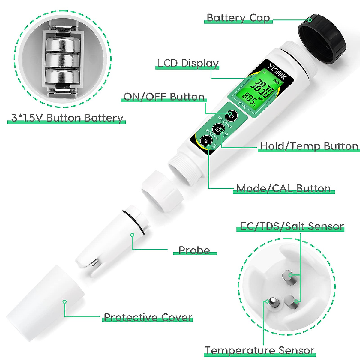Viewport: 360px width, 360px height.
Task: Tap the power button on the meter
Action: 232,115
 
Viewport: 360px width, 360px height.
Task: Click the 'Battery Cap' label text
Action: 238,18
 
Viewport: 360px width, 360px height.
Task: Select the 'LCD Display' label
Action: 188,63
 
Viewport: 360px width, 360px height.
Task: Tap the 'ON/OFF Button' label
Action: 164,97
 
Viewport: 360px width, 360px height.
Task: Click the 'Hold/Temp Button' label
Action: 309,146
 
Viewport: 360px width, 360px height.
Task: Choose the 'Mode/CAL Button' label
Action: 283,188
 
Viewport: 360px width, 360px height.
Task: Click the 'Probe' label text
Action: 194,250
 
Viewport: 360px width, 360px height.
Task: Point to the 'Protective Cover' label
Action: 148,317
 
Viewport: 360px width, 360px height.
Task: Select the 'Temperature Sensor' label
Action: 259,350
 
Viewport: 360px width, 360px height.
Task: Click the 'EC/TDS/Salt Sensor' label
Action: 292,226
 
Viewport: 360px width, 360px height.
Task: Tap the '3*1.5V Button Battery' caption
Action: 67,118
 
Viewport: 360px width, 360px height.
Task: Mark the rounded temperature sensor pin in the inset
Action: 273,303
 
